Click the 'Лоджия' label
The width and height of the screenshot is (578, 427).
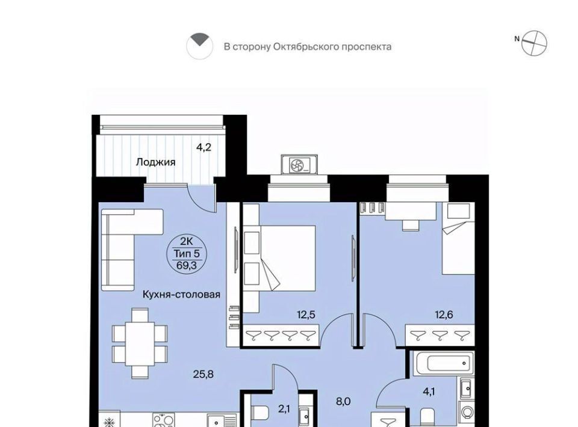click(x=155, y=162)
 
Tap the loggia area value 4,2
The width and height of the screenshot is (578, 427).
click(x=204, y=147)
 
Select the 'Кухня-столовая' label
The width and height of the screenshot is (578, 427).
click(x=181, y=294)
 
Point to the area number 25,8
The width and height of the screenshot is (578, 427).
click(x=203, y=374)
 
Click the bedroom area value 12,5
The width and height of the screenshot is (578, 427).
click(x=306, y=315)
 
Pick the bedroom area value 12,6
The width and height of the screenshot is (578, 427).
click(x=444, y=315)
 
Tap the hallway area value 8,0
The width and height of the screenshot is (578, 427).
click(x=343, y=401)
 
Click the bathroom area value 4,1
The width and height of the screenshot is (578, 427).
click(x=429, y=392)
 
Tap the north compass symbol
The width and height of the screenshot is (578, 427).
click(x=534, y=43)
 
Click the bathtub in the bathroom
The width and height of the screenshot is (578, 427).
click(x=444, y=363)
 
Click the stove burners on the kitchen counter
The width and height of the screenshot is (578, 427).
click(x=164, y=420)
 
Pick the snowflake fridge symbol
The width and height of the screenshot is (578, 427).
click(x=110, y=422)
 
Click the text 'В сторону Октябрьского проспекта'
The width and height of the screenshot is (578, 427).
click(x=308, y=47)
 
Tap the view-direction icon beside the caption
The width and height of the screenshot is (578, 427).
click(x=199, y=46)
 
